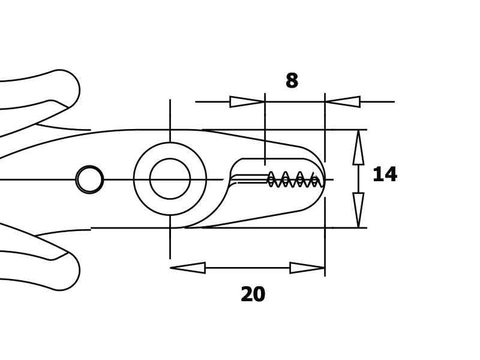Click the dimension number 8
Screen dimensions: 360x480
[x=292, y=81]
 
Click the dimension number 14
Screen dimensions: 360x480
[x=385, y=175]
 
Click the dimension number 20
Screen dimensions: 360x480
[x=253, y=295]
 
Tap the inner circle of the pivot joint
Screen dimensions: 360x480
[x=170, y=179]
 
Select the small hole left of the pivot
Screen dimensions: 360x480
[x=89, y=179]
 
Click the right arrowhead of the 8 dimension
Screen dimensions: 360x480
[x=343, y=102]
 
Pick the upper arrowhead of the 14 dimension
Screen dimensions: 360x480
[x=358, y=148]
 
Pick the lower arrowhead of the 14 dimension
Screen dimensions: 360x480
[x=358, y=210]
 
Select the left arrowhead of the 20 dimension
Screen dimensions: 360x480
[x=188, y=268]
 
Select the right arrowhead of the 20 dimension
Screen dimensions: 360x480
[x=307, y=268]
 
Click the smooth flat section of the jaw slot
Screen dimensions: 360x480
[x=251, y=178]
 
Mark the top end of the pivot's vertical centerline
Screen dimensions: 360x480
[x=170, y=101]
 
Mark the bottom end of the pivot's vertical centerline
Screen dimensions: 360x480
[x=170, y=257]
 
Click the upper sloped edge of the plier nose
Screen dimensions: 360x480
[x=252, y=137]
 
